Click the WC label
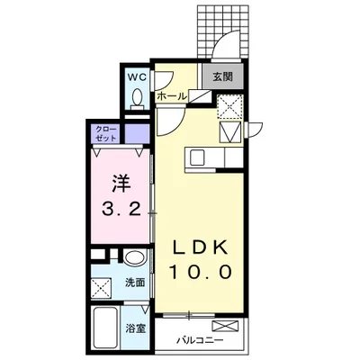(x=137, y=77)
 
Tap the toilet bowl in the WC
(x=137, y=101)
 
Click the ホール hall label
(x=171, y=95)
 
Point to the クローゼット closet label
(x=105, y=135)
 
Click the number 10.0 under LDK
(x=198, y=272)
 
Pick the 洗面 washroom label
(x=134, y=283)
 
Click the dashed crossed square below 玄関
(x=229, y=106)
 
